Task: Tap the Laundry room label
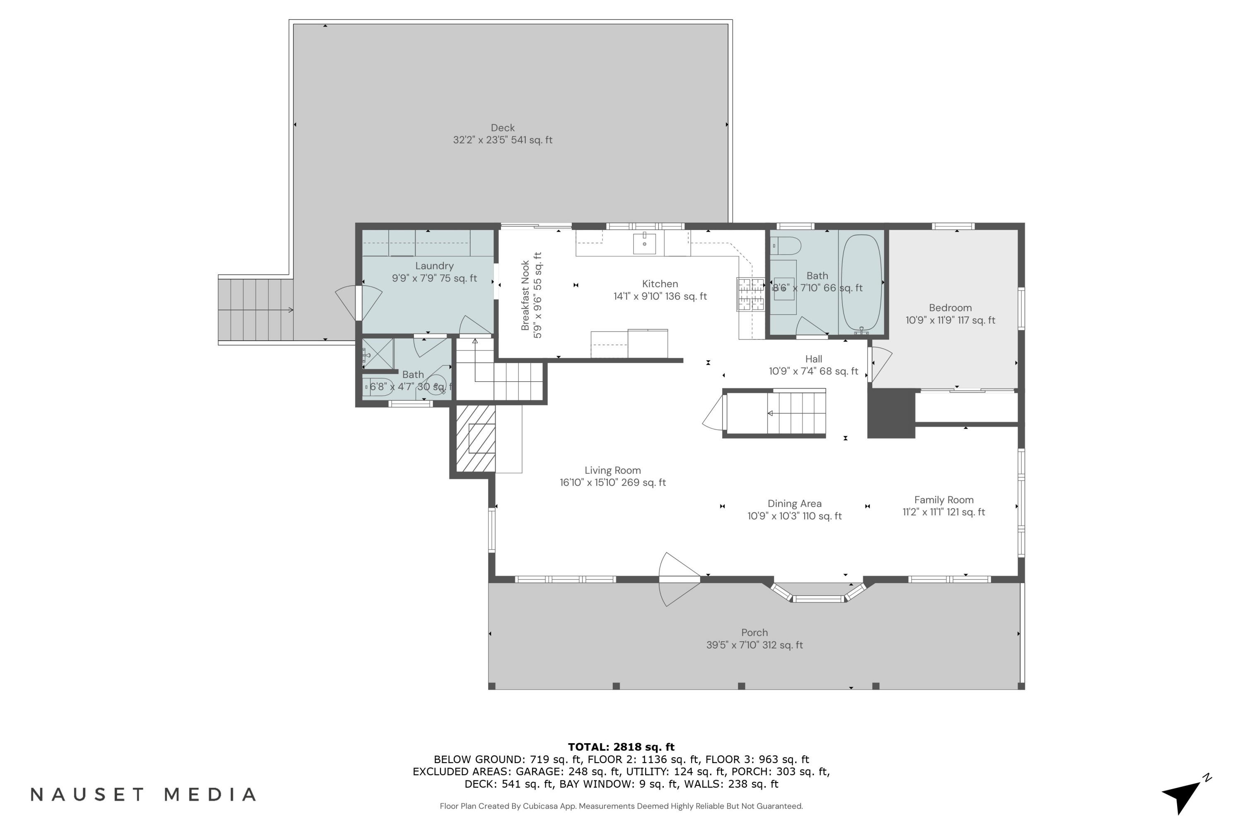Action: tap(434, 272)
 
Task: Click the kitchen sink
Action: tap(644, 244)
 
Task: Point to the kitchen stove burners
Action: tap(750, 294)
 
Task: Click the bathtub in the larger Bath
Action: tap(861, 282)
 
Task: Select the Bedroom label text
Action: tap(950, 313)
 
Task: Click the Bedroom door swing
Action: tap(879, 364)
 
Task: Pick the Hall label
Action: tap(813, 365)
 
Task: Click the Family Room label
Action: tap(943, 505)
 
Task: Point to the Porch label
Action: tap(754, 638)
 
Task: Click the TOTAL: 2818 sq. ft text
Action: tap(621, 747)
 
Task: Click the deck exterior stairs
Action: tap(256, 310)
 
